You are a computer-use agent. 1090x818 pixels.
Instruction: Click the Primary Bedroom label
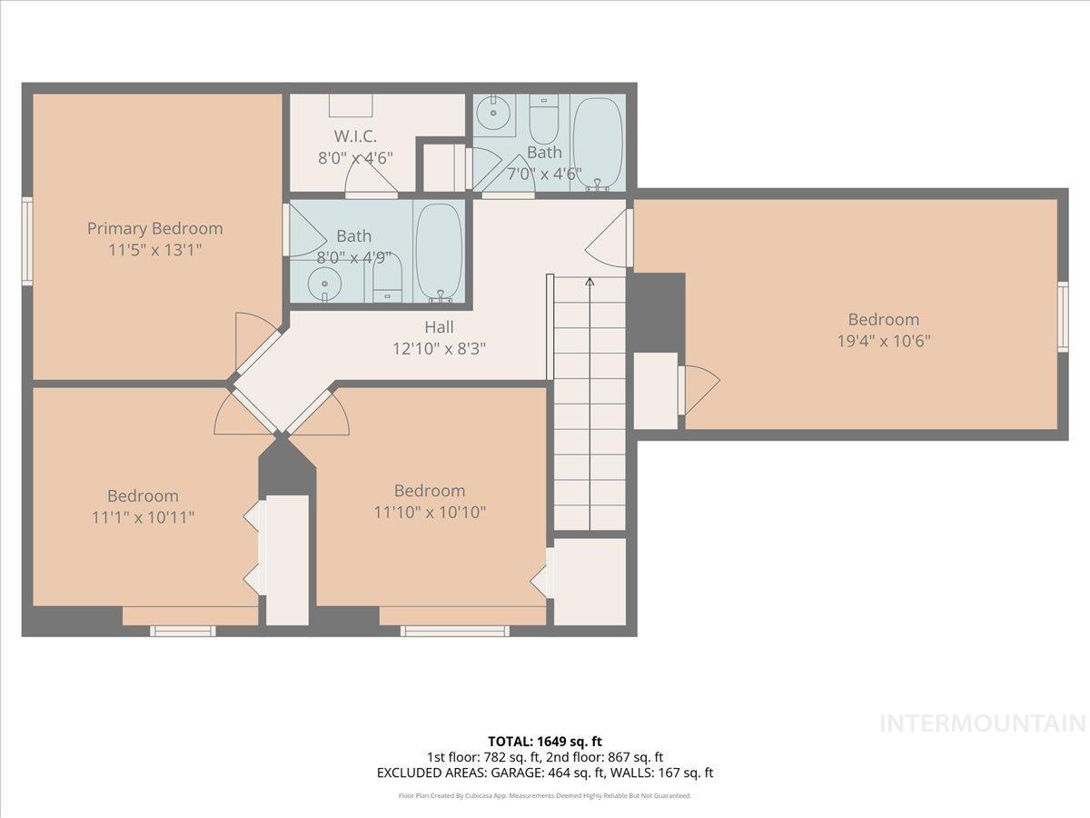[154, 228]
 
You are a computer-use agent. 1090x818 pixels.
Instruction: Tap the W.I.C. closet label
[354, 136]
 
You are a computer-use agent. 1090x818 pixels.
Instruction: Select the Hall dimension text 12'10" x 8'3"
[439, 347]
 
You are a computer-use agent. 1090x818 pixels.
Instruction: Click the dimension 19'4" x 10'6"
[883, 341]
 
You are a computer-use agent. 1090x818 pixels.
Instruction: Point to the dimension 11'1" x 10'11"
[143, 516]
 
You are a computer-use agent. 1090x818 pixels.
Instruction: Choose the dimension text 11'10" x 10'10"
[430, 512]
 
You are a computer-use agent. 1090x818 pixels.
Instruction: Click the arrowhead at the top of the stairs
[590, 282]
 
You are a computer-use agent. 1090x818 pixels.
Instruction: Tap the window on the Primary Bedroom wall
[27, 242]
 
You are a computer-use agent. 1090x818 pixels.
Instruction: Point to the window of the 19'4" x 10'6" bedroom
[1063, 315]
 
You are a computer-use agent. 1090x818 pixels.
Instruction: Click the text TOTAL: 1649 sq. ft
[544, 742]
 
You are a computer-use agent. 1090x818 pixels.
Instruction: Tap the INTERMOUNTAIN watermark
[983, 723]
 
